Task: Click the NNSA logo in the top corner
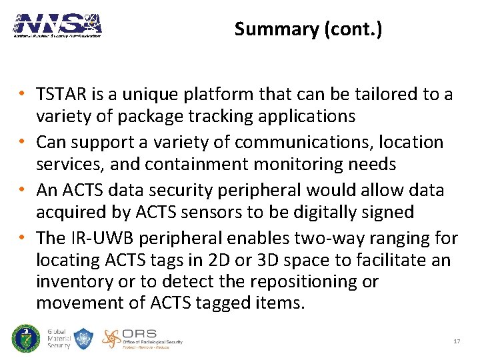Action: pos(57,25)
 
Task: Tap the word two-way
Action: pos(332,238)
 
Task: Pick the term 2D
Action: pos(239,260)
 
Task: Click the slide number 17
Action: pos(457,341)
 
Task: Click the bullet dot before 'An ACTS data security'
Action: pos(23,191)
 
